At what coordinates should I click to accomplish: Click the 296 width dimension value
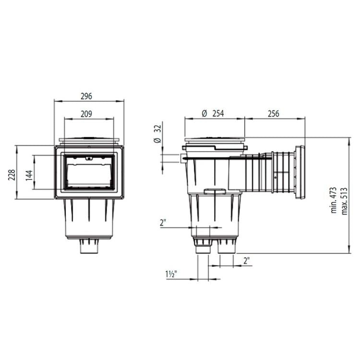tap(86, 96)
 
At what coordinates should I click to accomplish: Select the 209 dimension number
tap(86, 114)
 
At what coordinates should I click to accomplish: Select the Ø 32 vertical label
tap(156, 135)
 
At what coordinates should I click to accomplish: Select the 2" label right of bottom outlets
tap(246, 261)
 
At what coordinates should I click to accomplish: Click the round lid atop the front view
tap(89, 141)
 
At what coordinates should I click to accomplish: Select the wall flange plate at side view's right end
tap(300, 172)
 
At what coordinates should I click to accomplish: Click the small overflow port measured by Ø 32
tap(183, 158)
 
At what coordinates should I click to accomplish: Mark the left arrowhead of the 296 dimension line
tap(56, 101)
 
